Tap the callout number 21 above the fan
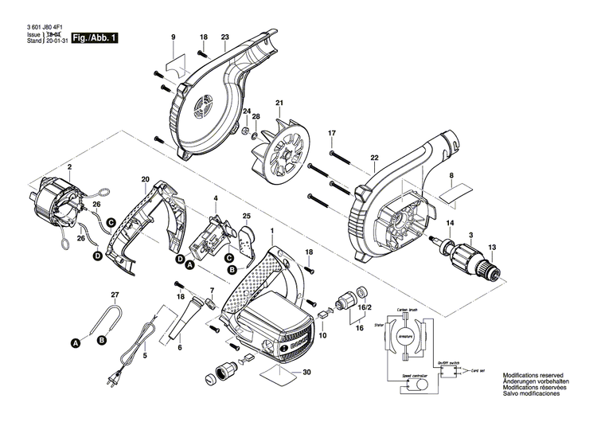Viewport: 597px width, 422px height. tap(279, 104)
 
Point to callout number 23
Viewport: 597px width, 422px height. tap(224, 38)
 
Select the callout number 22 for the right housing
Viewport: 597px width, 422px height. tap(373, 158)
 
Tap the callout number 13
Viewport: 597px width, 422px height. tap(491, 248)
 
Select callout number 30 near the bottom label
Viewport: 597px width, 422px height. tap(306, 372)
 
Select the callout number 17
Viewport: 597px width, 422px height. tap(333, 132)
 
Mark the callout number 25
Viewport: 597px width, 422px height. tap(247, 216)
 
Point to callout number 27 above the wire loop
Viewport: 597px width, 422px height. tap(115, 295)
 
